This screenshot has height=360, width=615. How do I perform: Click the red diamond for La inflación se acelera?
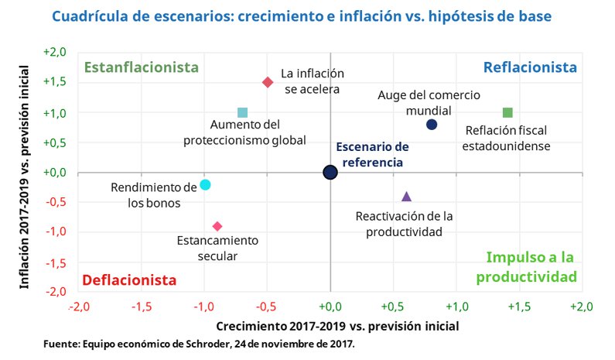point(268,82)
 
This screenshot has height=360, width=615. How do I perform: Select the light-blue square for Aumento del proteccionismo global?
point(242,113)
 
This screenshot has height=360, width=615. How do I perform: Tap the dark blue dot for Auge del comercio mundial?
point(432,125)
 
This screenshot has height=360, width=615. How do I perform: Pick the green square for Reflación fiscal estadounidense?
point(507,113)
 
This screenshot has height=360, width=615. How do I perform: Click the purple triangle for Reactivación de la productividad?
point(407,197)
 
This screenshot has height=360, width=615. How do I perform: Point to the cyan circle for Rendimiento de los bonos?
point(205,184)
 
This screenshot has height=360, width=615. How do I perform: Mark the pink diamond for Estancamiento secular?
point(217,226)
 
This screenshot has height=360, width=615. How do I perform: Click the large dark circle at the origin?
point(330,172)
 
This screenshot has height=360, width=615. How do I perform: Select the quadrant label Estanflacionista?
point(141,67)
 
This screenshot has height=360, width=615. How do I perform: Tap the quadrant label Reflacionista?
point(530,67)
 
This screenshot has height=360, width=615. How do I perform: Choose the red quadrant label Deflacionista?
point(129,279)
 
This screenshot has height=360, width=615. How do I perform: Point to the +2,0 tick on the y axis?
point(55,53)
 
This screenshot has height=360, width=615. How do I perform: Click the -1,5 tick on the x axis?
point(142,307)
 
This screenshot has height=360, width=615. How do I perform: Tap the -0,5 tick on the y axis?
point(56,202)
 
